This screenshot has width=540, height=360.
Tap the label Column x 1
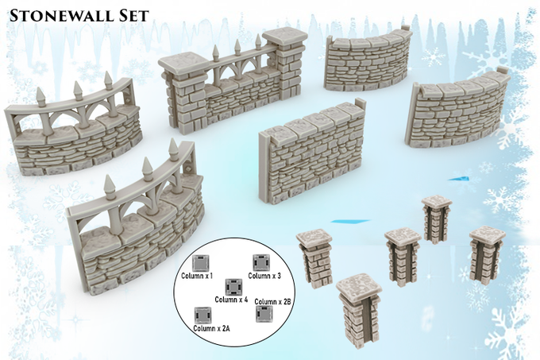(x=197, y=276)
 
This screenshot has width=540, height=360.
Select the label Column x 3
(x=264, y=276)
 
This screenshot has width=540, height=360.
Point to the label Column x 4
(x=231, y=300)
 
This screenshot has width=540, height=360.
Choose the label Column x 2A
(x=211, y=328)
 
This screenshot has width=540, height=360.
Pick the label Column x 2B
(x=273, y=301)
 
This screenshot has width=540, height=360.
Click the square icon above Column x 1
(x=201, y=263)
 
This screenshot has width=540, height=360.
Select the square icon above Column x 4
(x=233, y=287)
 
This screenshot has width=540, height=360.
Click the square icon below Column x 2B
(x=264, y=314)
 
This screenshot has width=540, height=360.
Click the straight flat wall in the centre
(x=311, y=152)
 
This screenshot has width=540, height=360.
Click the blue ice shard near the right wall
(x=459, y=179)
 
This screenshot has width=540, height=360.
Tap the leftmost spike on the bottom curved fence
(x=110, y=187)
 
